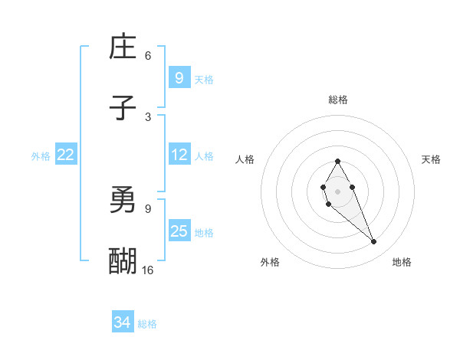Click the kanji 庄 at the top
pos(123,48)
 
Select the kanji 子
pos(123,108)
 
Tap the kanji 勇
pos(123,201)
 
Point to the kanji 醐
pos(123,261)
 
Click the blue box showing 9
pos(179,77)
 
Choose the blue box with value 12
pos(179,155)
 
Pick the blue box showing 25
pos(179,231)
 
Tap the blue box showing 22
pos(65,155)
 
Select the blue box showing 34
pos(122,322)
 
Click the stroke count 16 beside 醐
pos(148,270)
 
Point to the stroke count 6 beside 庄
pos(148,56)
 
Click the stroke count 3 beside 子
pos(148,116)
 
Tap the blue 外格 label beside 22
pos(41,155)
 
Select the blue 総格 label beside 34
pos(147,324)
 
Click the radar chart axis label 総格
pos(338,100)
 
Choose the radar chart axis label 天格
pos(431,159)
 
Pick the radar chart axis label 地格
pos(402,262)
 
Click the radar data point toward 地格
pos(374,242)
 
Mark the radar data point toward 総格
pos(337,161)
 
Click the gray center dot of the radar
pos(337,190)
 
